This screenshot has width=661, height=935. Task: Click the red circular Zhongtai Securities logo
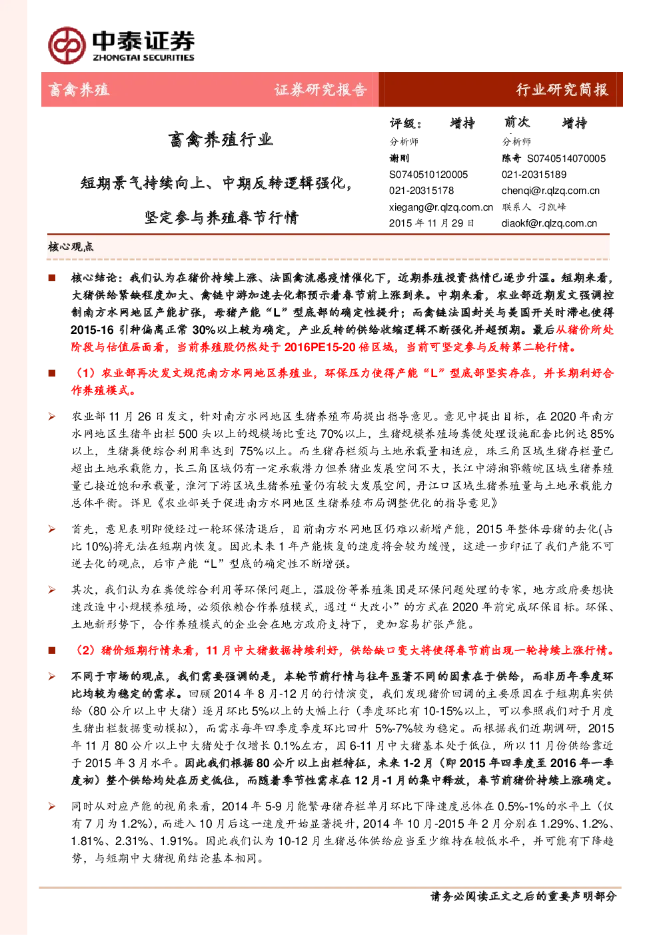[67, 45]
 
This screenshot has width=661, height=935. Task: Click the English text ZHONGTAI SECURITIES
[143, 57]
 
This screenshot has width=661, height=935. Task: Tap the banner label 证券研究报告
[320, 90]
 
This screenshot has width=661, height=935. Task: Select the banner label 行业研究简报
[562, 90]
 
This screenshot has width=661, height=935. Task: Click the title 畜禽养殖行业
[221, 139]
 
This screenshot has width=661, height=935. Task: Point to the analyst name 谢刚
[399, 158]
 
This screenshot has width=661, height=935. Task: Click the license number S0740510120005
[428, 175]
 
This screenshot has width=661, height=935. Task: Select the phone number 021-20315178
[422, 191]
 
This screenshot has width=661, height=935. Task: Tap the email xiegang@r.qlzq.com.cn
[441, 207]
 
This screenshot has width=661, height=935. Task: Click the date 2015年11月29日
[432, 223]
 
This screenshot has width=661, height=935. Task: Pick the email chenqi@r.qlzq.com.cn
[550, 191]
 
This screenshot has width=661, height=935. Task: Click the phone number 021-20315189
[534, 175]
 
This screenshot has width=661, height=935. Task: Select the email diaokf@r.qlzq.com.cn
[549, 223]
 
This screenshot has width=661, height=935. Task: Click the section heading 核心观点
[71, 247]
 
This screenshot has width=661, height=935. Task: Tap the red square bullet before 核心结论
[52, 278]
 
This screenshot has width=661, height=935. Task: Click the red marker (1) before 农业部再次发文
[85, 373]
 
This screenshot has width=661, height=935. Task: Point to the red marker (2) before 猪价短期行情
[85, 650]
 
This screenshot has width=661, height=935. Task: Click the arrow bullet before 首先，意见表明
[52, 529]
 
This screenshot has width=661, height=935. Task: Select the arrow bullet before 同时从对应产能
[52, 806]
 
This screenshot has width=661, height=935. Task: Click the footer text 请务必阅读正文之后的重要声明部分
[523, 896]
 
